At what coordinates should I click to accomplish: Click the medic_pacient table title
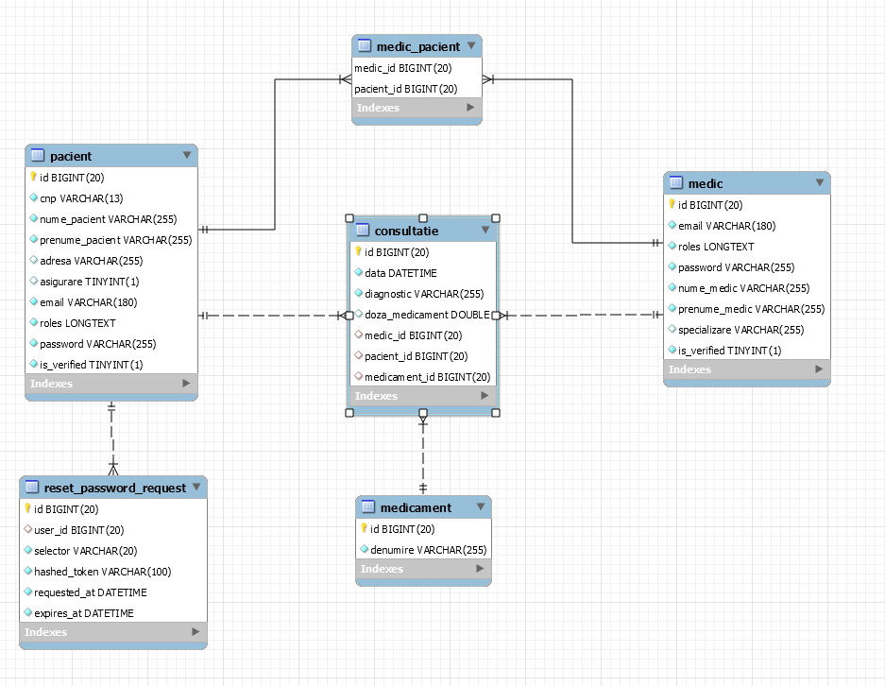(417, 46)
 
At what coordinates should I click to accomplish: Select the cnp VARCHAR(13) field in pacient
(80, 198)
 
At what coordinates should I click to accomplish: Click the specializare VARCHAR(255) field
(740, 330)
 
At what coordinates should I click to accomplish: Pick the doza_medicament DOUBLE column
(427, 315)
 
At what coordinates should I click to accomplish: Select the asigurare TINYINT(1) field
(89, 282)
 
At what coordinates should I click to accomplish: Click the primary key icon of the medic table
(672, 205)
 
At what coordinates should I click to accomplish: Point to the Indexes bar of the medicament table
(423, 569)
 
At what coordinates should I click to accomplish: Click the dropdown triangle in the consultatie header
(485, 230)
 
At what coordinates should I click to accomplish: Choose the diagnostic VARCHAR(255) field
(424, 294)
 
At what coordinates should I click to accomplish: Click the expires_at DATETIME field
(83, 613)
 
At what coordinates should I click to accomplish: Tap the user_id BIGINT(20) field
(78, 530)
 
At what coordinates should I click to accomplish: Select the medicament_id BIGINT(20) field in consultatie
(427, 377)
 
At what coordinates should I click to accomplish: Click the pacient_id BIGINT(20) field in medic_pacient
(406, 89)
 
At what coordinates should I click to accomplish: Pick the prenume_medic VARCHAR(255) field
(751, 309)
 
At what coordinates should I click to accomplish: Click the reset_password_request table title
(114, 488)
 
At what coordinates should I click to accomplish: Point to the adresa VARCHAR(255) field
(91, 261)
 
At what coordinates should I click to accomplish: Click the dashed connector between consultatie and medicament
(423, 454)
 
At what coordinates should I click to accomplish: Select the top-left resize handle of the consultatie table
(349, 218)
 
